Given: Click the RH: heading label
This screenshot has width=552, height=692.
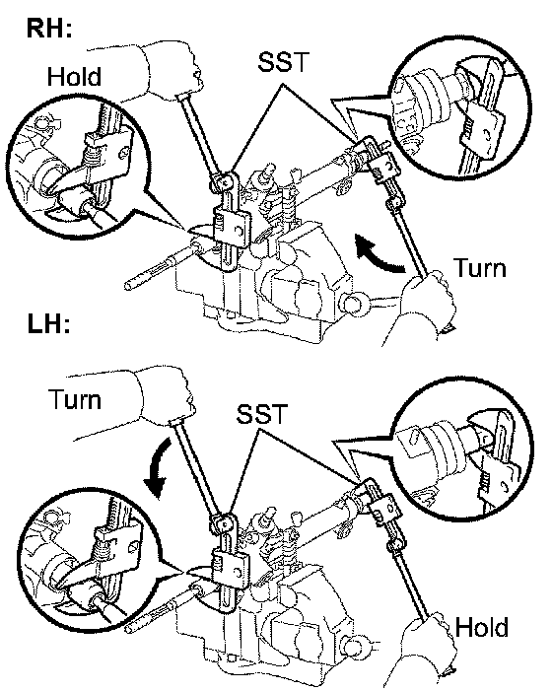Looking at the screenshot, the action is click(x=49, y=29).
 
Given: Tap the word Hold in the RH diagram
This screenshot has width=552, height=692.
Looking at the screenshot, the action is click(x=74, y=76).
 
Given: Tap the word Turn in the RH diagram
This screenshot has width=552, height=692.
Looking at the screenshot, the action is click(x=480, y=267).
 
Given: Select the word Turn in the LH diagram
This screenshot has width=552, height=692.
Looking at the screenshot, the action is click(x=75, y=399).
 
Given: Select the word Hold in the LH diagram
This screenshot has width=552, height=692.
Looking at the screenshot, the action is click(x=481, y=627).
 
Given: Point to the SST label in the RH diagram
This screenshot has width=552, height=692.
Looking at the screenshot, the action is click(x=283, y=61).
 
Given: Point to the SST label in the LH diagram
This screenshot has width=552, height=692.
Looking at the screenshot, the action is click(x=261, y=413).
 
